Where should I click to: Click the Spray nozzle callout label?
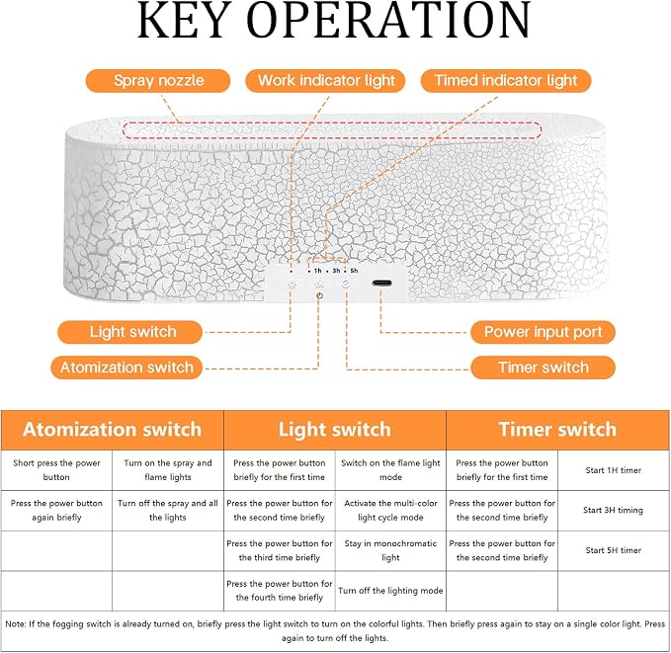pos(158,80)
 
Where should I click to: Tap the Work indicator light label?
pos(325,80)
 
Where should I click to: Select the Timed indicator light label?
pos(506,80)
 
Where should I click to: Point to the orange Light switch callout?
pos(129,332)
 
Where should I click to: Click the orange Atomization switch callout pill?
pos(126,367)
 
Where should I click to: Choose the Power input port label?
pos(543,332)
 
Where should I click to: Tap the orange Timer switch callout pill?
pos(543,367)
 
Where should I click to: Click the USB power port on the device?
pos(381,283)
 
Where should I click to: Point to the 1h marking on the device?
pos(317,271)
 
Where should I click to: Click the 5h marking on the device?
pos(354,271)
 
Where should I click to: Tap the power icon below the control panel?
pos(319,295)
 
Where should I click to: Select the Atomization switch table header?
pos(112,430)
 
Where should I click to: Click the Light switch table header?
pos(335,430)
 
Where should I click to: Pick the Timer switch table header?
pos(557,430)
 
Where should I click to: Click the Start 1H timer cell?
pos(614,470)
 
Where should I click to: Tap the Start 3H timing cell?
pos(614,510)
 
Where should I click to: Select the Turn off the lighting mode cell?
pos(390,591)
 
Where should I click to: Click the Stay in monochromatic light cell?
pos(390,550)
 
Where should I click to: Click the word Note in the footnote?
pos(16,624)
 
